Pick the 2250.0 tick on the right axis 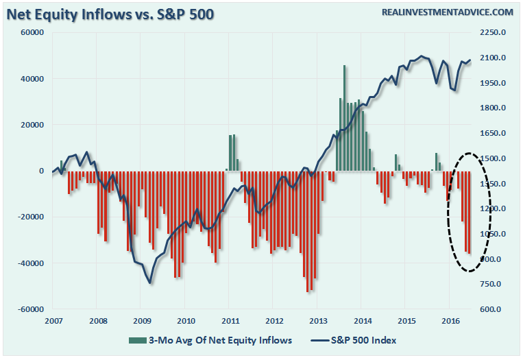tap(492, 32)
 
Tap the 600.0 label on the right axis tap(492, 309)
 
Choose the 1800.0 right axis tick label tap(492, 108)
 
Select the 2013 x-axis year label tap(318, 321)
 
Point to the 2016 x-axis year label tap(450, 321)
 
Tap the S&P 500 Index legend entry tap(358, 340)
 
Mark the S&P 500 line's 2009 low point tap(149, 283)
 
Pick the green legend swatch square tap(132, 340)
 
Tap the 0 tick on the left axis tap(42, 171)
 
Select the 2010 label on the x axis tap(185, 321)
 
